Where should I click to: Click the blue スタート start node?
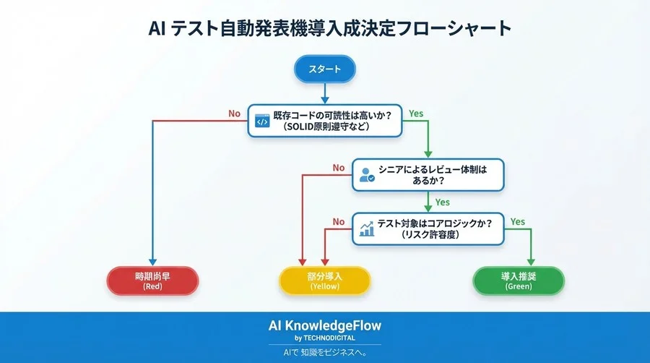(324, 70)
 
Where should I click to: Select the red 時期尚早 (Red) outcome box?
(152, 281)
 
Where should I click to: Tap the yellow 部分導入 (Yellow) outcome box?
(324, 281)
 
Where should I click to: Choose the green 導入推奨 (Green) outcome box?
(518, 281)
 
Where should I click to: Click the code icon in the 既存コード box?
(261, 121)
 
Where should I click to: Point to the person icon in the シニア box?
(366, 175)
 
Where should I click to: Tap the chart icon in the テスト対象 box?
(366, 229)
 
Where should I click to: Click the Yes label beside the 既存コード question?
(416, 114)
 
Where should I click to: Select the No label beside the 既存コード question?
(234, 114)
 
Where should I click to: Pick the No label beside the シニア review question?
(339, 168)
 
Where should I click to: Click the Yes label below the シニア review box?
(443, 202)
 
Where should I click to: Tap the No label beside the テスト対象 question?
(339, 221)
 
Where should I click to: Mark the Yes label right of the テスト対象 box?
(517, 221)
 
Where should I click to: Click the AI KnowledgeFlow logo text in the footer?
(324, 325)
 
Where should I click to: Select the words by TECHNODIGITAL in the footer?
(324, 338)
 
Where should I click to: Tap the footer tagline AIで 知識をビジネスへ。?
(324, 353)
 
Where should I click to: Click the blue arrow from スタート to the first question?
(324, 92)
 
